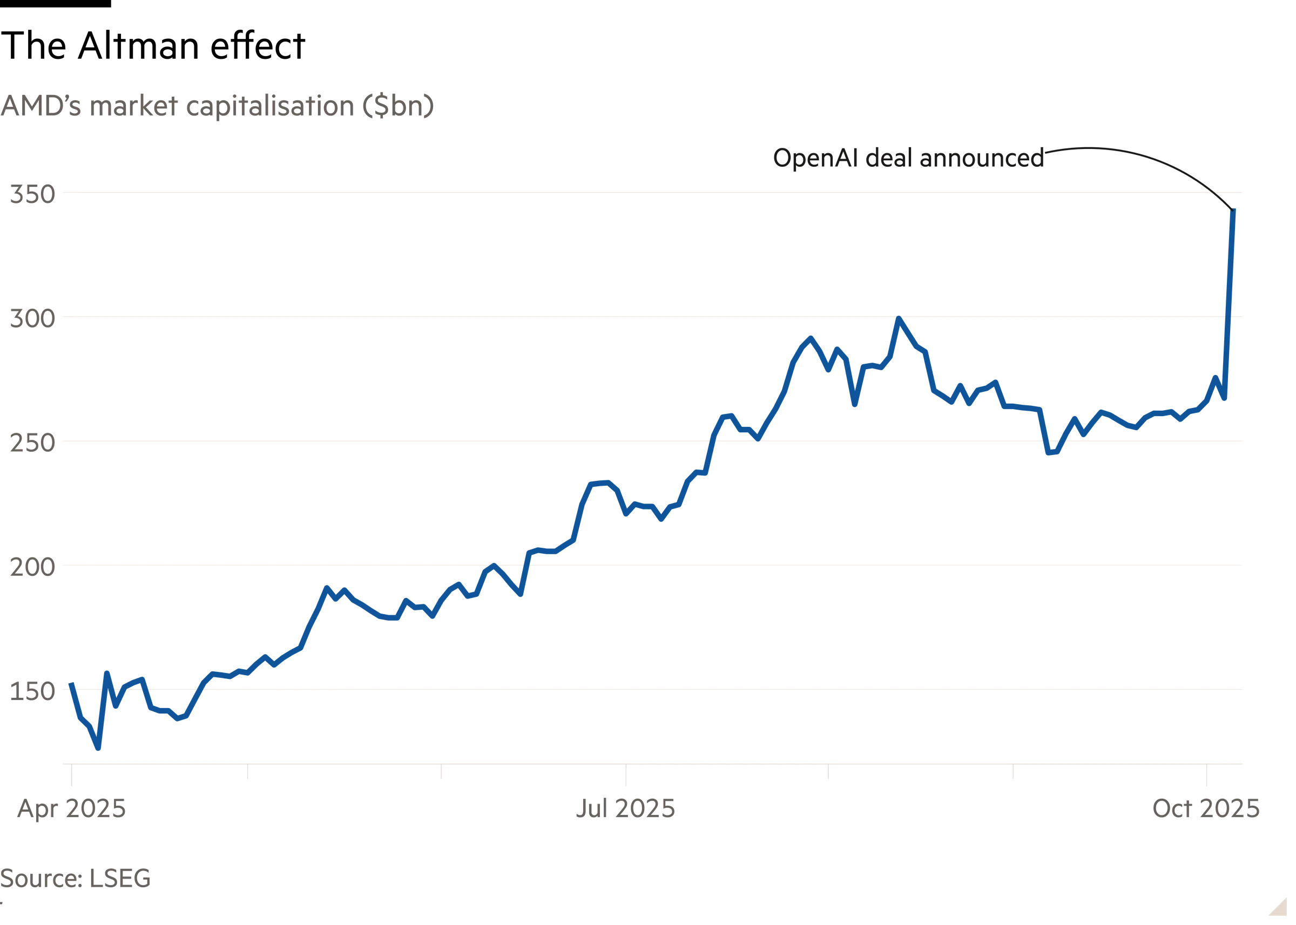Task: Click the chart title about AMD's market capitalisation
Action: click(x=218, y=107)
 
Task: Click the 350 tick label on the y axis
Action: click(x=32, y=195)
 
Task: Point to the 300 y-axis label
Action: click(x=32, y=319)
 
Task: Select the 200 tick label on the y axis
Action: click(x=32, y=567)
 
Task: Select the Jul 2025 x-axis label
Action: click(x=625, y=808)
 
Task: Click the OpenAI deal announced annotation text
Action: click(x=908, y=158)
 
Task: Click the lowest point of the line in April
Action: click(x=99, y=748)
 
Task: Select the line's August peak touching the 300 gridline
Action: click(x=899, y=318)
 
